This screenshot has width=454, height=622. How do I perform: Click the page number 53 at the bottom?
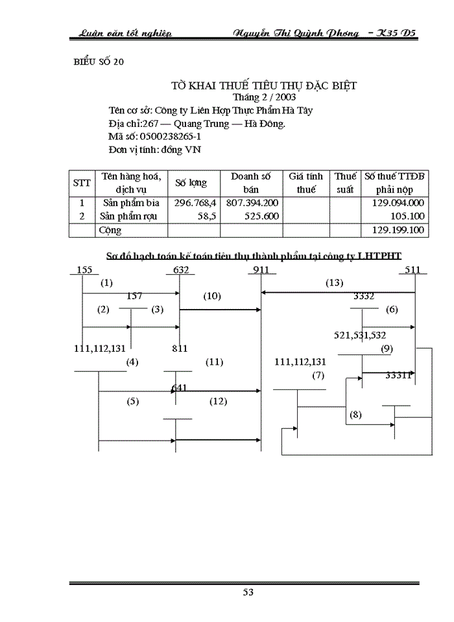[248, 592]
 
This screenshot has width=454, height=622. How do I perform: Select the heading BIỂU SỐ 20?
[97, 62]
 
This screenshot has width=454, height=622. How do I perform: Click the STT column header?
[82, 183]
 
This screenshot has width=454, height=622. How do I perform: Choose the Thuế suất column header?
[345, 183]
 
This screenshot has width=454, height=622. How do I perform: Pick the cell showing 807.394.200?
[252, 203]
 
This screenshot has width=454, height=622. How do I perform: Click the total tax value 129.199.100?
[397, 230]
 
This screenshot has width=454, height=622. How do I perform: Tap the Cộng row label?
[110, 230]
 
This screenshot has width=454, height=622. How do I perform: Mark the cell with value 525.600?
[261, 216]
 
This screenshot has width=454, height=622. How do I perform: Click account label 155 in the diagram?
[84, 270]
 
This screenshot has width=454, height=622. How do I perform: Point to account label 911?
[261, 270]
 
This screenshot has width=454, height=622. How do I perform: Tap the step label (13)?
[334, 282]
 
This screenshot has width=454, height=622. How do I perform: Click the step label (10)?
[212, 296]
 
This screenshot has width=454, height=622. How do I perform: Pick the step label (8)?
[355, 414]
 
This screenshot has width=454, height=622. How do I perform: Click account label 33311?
[399, 374]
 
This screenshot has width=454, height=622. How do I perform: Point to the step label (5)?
[133, 401]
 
